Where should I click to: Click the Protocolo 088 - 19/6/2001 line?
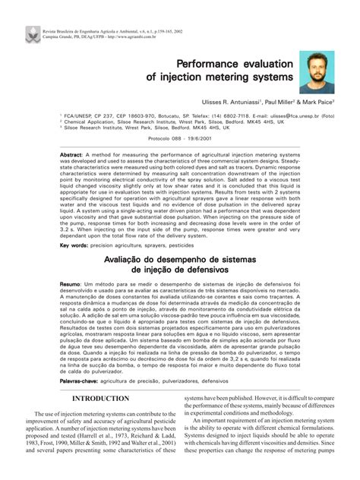[x=179, y=138]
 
